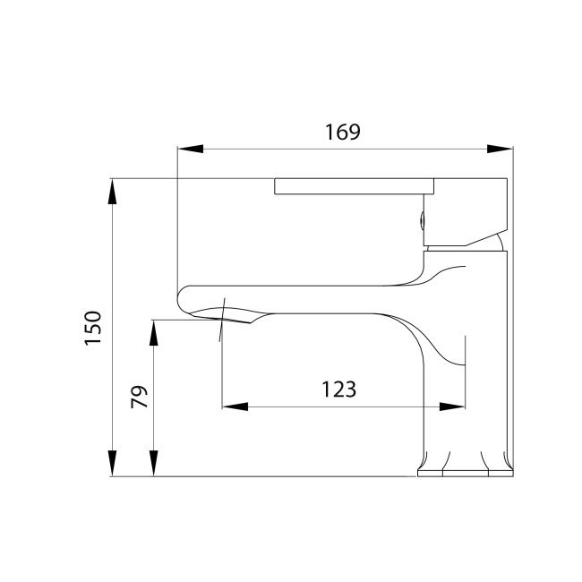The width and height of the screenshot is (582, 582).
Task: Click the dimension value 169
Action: click(x=342, y=133)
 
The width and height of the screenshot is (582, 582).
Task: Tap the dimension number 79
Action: click(x=138, y=397)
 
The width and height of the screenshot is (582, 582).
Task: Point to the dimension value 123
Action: click(x=339, y=389)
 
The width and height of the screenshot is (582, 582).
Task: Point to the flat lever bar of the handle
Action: click(x=355, y=186)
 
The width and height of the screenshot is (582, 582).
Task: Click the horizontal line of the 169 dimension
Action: click(x=269, y=150)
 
